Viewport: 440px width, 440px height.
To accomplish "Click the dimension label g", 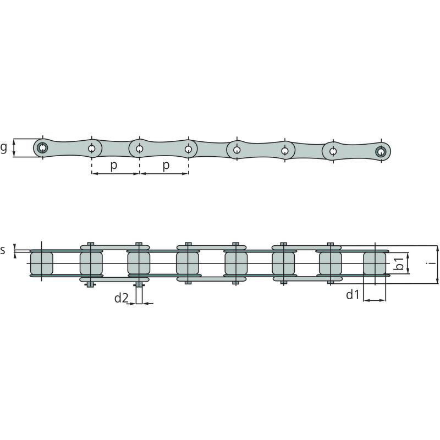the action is pos(3,147).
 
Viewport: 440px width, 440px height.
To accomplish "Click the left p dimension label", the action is pos(114,166).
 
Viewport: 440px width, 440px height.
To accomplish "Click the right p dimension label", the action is pos(166,166).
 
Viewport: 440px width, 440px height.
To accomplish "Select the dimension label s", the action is pos(3,250).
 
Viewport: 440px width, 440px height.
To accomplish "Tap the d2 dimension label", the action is pos(121,298).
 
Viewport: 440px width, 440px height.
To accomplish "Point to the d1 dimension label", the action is pos(353,295).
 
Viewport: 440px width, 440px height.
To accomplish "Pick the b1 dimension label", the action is pos(399,263).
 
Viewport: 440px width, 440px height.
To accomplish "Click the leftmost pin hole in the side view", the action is pos(43,147).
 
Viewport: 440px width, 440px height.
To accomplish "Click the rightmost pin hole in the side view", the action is pos(381,152).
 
